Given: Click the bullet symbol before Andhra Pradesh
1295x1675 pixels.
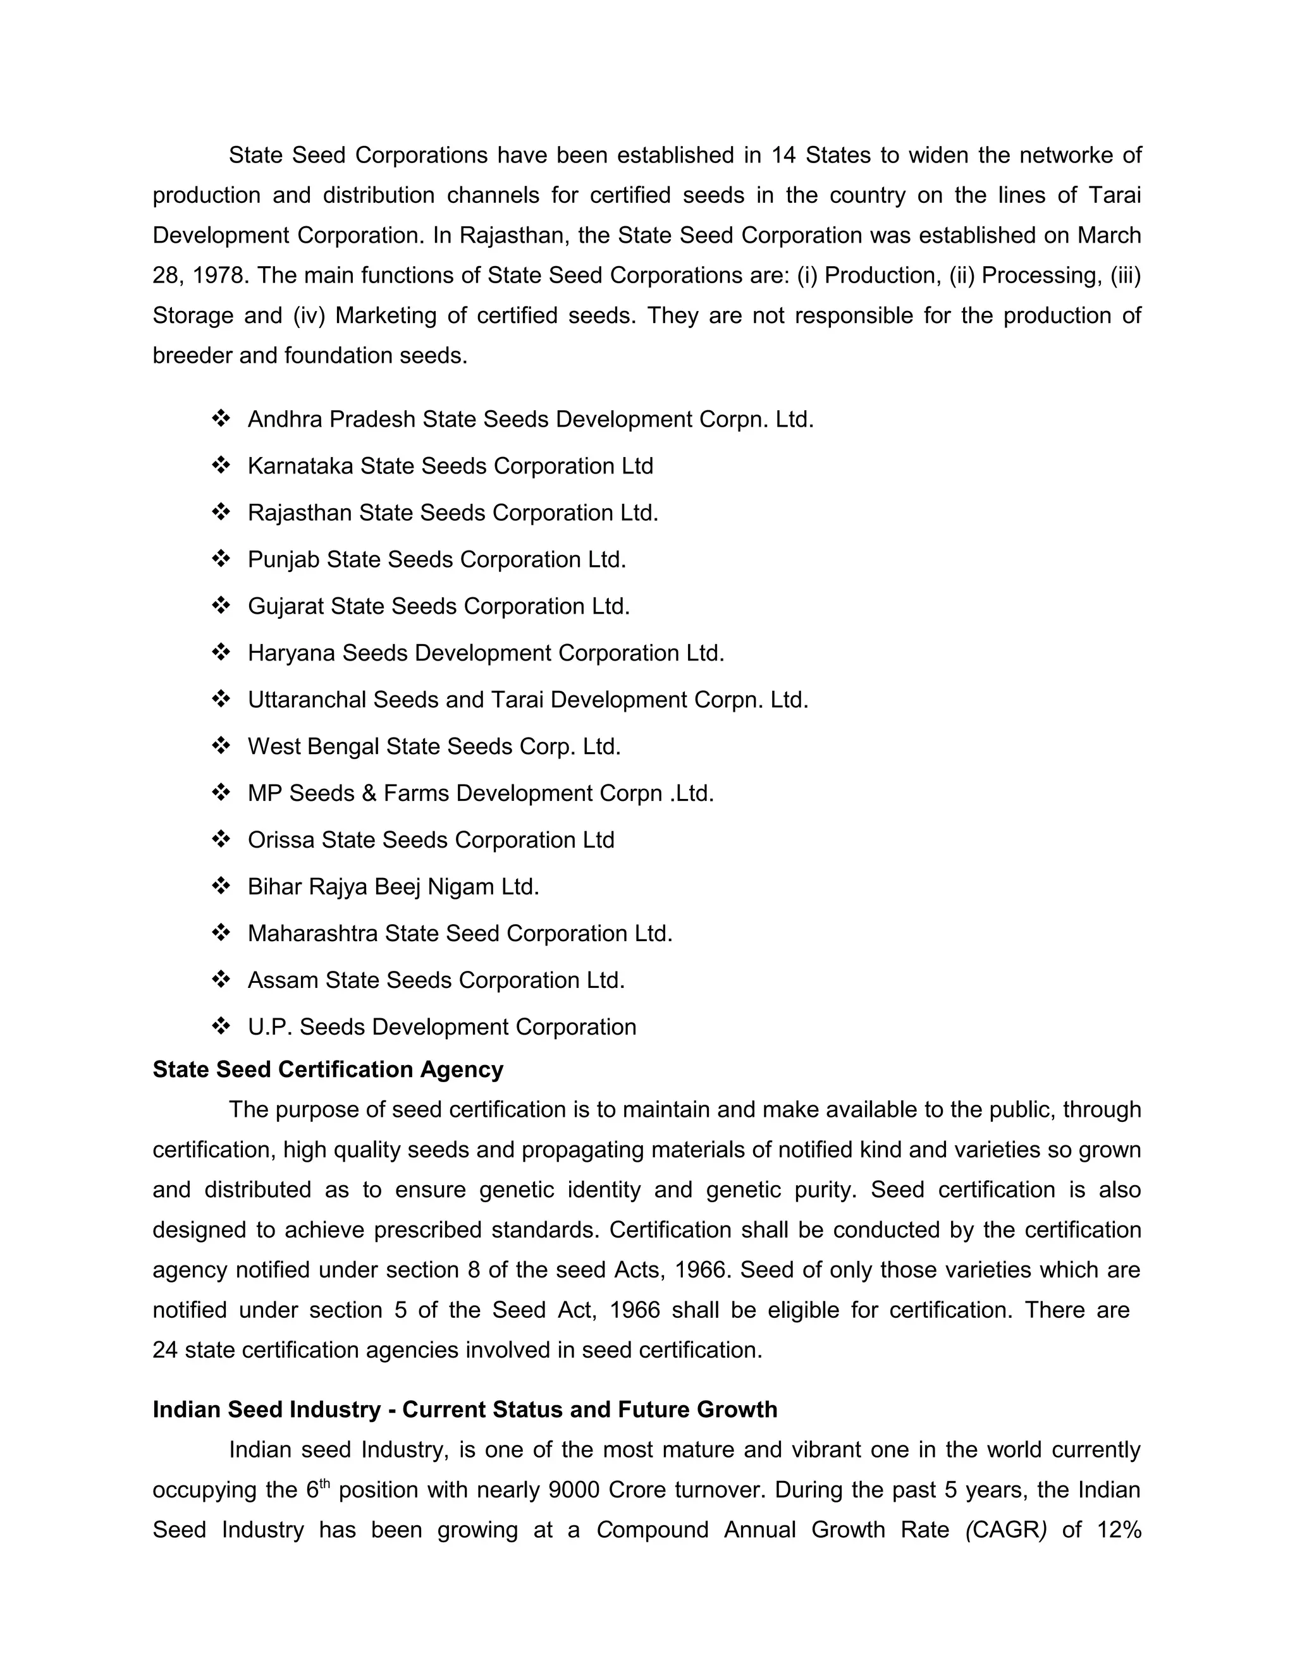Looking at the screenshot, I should pyautogui.click(x=221, y=418).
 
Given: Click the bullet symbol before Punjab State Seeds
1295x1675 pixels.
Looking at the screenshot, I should pyautogui.click(x=221, y=559).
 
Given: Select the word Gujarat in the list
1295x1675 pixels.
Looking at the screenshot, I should pyautogui.click(x=285, y=607).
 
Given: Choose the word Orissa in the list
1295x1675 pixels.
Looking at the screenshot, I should pyautogui.click(x=280, y=841).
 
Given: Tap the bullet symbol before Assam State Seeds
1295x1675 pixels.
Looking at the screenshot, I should pyautogui.click(x=221, y=979).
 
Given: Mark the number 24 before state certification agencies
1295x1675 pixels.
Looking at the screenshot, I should pyautogui.click(x=165, y=1350).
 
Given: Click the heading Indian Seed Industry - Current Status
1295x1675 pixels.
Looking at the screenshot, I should pyautogui.click(x=464, y=1410).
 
